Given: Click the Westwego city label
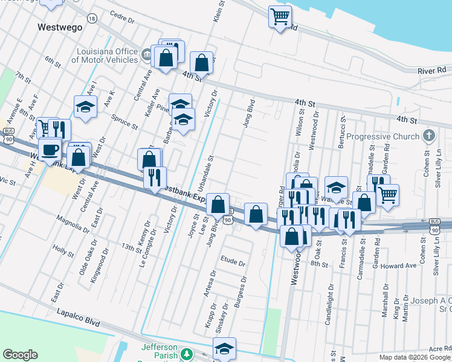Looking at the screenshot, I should coord(59,27).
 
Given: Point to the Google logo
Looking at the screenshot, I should coord(20,355).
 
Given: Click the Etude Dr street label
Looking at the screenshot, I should coord(233,263).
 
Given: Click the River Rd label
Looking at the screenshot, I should coord(431,71).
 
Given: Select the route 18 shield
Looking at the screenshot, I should coord(91,19).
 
